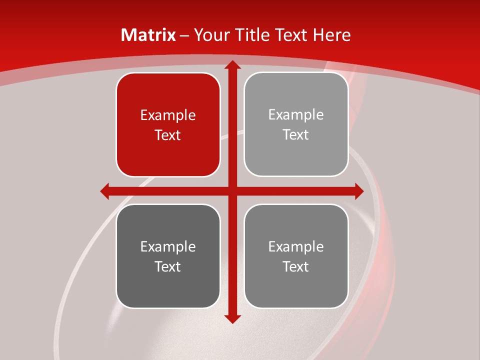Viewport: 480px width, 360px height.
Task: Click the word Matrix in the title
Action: click(148, 35)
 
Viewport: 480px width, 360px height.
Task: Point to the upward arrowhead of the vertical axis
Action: click(232, 65)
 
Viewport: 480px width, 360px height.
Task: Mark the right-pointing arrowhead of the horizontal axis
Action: click(358, 191)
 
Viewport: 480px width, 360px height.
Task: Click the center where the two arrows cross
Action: click(232, 191)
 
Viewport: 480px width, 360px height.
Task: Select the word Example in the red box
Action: click(168, 115)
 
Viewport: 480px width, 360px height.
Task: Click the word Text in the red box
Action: click(168, 135)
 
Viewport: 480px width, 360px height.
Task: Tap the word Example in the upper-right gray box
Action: click(296, 115)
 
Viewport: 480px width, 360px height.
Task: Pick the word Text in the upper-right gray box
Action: click(296, 135)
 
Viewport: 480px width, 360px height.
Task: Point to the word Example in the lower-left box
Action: click(168, 247)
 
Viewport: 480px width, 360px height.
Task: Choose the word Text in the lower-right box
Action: click(296, 267)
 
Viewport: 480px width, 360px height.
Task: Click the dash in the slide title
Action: click(184, 35)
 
